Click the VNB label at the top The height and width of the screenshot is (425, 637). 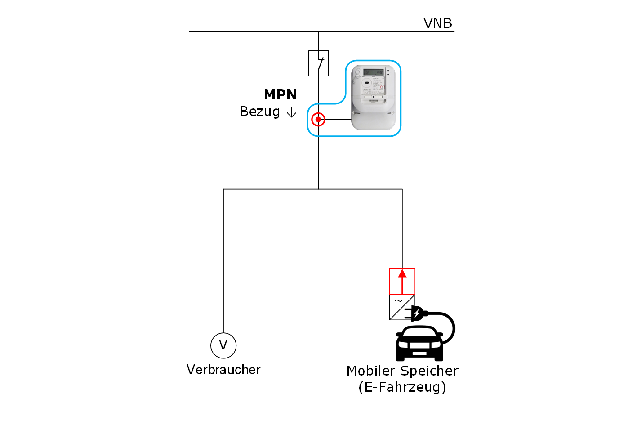437,23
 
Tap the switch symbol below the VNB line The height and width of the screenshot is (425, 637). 318,63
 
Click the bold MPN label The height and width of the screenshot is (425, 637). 280,95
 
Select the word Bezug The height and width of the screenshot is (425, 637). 259,112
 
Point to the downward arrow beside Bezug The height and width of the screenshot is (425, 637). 292,112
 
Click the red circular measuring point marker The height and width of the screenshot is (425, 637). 318,120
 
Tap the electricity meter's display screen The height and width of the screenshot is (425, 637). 373,72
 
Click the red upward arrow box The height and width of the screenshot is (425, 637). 402,281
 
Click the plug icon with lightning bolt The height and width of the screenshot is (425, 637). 416,313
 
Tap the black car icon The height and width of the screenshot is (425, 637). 419,344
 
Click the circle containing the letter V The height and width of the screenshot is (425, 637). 223,345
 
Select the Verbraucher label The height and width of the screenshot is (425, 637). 223,370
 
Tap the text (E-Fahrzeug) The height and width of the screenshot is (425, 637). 402,387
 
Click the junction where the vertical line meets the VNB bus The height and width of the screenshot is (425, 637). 318,31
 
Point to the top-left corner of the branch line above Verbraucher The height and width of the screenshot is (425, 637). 223,189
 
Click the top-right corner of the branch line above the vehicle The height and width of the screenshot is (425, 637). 402,189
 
